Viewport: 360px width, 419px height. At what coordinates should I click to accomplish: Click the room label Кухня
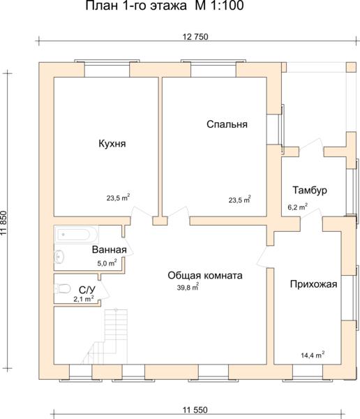click(112, 144)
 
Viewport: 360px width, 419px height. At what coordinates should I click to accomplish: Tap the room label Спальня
click(227, 124)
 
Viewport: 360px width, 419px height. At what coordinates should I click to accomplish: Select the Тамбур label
click(310, 190)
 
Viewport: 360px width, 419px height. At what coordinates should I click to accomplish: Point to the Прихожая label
click(313, 284)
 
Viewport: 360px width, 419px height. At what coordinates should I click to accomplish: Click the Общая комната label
click(205, 276)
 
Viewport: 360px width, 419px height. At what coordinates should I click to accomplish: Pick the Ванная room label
click(110, 250)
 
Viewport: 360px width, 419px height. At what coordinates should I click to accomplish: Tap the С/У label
click(87, 291)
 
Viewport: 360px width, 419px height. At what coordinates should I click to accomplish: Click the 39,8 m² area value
click(188, 287)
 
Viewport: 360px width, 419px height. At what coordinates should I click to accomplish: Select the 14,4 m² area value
click(313, 355)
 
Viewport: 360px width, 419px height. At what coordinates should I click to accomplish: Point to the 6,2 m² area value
click(297, 207)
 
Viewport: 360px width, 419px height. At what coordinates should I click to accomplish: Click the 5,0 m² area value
click(107, 263)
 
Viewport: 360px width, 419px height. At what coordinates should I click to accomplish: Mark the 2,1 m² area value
click(84, 299)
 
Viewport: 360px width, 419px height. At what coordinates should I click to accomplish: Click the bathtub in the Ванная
click(76, 235)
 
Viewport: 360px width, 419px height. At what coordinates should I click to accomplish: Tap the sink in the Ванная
click(59, 257)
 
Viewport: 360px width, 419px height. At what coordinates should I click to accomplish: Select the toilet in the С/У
click(62, 288)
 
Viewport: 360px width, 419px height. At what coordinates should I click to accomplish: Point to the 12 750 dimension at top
click(195, 37)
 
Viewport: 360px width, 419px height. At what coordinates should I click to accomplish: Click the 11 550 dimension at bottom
click(195, 410)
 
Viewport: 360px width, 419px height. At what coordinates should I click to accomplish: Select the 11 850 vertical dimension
click(3, 223)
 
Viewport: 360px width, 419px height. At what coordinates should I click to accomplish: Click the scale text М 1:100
click(219, 6)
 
